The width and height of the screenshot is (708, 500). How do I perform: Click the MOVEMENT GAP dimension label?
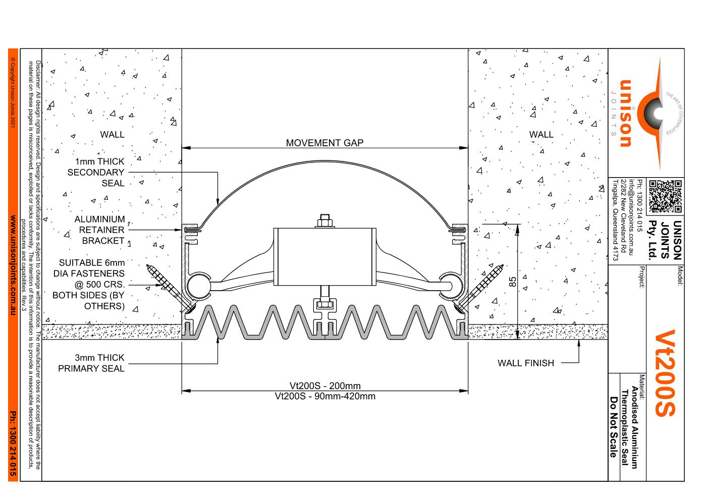[x=324, y=143]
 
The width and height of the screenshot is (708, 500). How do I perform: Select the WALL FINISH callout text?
[x=525, y=363]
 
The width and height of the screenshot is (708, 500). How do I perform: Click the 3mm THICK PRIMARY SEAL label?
[x=91, y=363]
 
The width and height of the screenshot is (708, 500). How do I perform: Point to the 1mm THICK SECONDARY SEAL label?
[x=96, y=172]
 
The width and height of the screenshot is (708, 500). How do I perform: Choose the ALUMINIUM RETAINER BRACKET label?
[x=99, y=230]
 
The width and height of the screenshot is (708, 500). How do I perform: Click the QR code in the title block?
[x=665, y=196]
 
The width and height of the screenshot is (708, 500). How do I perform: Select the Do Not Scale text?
[x=614, y=427]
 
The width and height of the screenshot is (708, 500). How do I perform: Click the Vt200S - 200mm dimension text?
[x=324, y=386]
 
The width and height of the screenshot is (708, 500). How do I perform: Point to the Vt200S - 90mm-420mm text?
[x=324, y=396]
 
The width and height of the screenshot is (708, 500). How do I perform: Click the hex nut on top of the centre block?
[x=324, y=221]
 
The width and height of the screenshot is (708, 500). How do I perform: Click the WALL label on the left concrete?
[x=112, y=135]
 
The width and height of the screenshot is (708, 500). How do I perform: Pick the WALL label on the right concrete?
[x=541, y=135]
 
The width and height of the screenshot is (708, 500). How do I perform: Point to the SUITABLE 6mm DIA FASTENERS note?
[x=89, y=284]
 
